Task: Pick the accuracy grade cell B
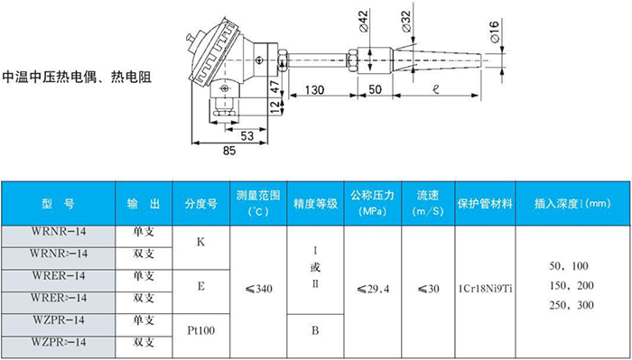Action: [x=316, y=331]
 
